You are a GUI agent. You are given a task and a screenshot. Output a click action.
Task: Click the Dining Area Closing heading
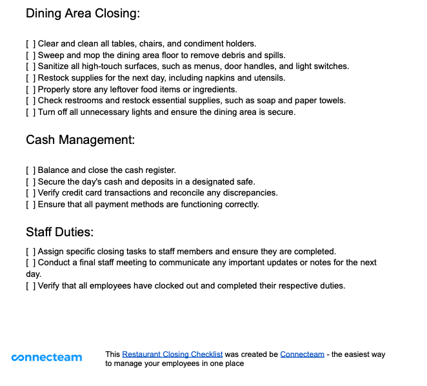pyautogui.click(x=83, y=14)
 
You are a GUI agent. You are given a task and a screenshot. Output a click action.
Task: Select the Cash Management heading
pyautogui.click(x=80, y=140)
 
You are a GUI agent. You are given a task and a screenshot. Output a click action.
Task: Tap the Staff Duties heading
pyautogui.click(x=60, y=232)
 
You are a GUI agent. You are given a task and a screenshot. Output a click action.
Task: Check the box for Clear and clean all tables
pyautogui.click(x=30, y=44)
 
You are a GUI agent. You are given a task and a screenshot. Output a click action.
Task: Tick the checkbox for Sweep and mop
pyautogui.click(x=30, y=56)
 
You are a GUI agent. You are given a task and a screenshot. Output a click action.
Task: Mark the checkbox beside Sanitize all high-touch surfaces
pyautogui.click(x=30, y=66)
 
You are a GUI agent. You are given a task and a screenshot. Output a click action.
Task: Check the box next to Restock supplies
pyautogui.click(x=30, y=78)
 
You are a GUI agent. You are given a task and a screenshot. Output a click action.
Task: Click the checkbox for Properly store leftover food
pyautogui.click(x=30, y=90)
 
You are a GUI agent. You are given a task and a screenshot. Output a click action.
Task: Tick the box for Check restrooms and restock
pyautogui.click(x=30, y=101)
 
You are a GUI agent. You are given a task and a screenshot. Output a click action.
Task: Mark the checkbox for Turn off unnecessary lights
pyautogui.click(x=30, y=112)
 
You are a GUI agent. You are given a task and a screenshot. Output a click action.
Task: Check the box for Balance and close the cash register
pyautogui.click(x=30, y=170)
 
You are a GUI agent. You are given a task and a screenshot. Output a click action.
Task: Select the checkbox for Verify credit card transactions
pyautogui.click(x=30, y=193)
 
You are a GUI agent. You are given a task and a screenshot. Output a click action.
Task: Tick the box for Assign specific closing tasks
pyautogui.click(x=30, y=252)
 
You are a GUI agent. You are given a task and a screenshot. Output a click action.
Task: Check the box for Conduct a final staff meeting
pyautogui.click(x=30, y=263)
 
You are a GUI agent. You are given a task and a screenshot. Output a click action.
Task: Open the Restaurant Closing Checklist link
pyautogui.click(x=172, y=354)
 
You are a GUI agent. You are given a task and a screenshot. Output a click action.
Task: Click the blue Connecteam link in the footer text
pyautogui.click(x=302, y=354)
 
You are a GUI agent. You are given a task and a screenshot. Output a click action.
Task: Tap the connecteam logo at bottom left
pyautogui.click(x=47, y=358)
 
